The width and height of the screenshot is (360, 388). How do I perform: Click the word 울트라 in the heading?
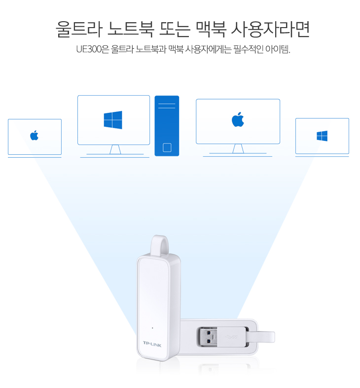click(x=79, y=29)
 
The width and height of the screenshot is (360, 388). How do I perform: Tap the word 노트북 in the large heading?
click(x=131, y=29)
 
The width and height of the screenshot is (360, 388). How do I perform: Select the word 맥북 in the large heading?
click(x=211, y=29)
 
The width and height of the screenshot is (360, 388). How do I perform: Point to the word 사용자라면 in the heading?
click(x=270, y=29)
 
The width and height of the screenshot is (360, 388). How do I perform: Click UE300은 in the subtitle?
click(x=93, y=49)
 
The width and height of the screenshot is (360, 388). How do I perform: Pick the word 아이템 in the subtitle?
click(x=278, y=49)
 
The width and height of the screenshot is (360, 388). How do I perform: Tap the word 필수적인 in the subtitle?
click(x=249, y=49)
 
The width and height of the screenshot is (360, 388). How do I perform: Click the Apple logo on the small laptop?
click(x=35, y=135)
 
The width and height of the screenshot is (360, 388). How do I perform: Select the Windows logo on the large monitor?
click(x=113, y=120)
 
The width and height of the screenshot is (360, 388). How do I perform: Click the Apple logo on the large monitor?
click(x=238, y=119)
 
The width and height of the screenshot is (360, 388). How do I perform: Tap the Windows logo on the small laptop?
click(x=322, y=136)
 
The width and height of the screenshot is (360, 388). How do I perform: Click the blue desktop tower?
click(x=167, y=126)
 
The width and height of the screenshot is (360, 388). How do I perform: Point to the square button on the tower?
click(x=167, y=147)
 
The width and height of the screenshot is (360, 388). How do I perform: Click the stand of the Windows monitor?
click(x=115, y=150)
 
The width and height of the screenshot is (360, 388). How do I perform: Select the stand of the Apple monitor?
click(x=238, y=149)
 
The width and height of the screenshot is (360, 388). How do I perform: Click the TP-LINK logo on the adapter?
click(x=152, y=344)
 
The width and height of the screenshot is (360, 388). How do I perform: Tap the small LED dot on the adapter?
click(x=152, y=328)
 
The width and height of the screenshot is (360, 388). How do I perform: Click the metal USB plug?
click(x=207, y=337)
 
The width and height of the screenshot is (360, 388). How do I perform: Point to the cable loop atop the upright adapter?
click(x=160, y=245)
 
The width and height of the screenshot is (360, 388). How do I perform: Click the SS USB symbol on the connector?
click(x=232, y=337)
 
